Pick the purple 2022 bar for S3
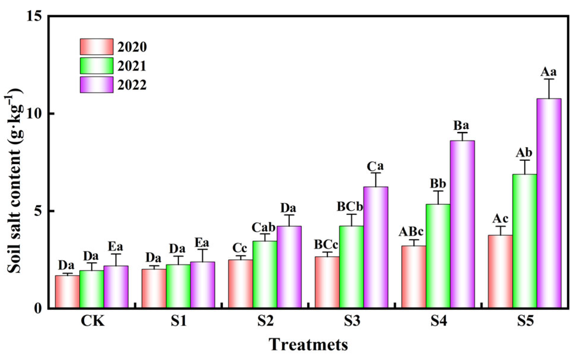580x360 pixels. click(376, 247)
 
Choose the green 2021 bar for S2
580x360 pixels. click(265, 274)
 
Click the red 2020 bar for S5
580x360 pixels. click(500, 271)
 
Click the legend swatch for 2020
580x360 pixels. click(96, 47)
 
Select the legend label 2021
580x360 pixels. click(132, 66)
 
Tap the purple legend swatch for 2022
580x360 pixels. click(96, 85)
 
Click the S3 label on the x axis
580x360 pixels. click(352, 321)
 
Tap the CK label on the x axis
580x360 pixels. click(92, 321)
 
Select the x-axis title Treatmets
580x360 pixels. click(308, 345)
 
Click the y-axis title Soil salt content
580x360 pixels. click(14, 182)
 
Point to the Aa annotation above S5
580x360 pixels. click(549, 72)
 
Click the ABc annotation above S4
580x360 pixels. click(411, 232)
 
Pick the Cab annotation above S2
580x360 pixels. click(263, 228)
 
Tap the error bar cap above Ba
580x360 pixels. click(462, 132)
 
